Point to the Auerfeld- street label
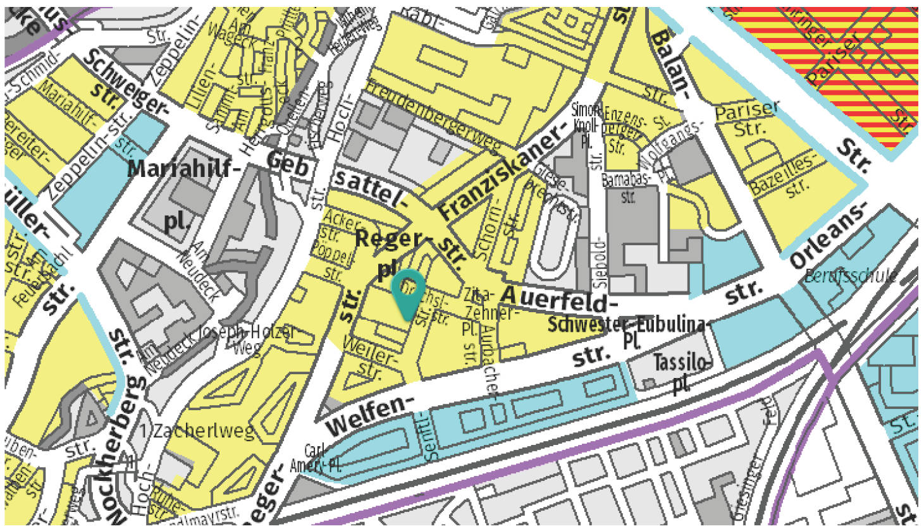554,297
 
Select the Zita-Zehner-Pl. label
479,312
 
